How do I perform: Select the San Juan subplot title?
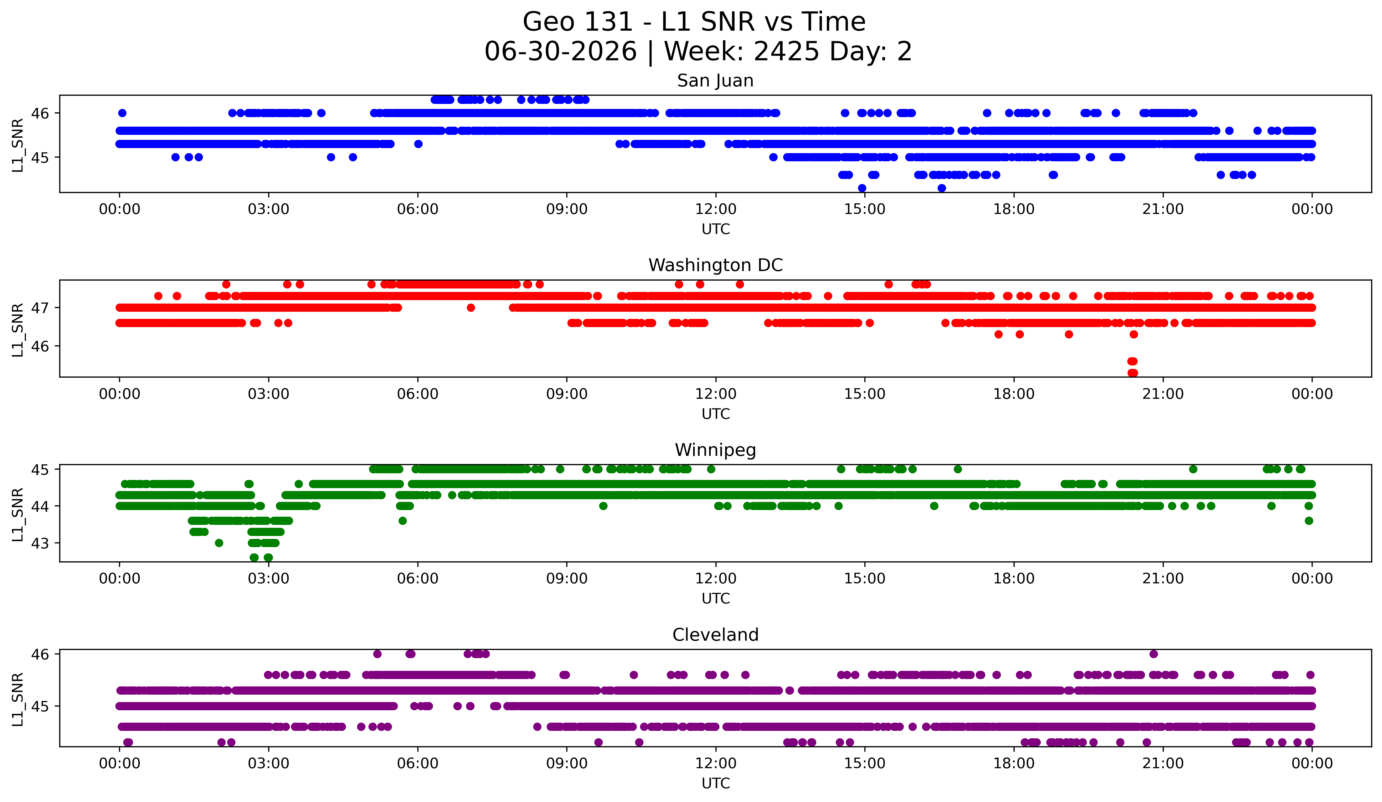(715, 81)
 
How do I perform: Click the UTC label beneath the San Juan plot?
(716, 229)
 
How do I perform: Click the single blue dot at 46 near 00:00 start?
(122, 113)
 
